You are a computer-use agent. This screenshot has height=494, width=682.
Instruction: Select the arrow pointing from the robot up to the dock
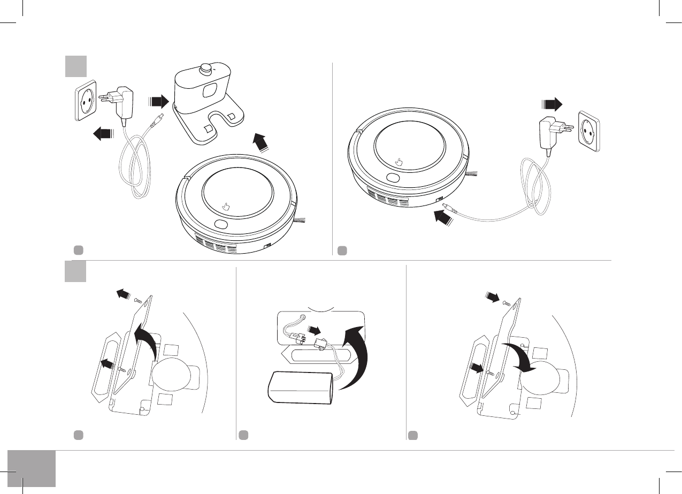pos(261,143)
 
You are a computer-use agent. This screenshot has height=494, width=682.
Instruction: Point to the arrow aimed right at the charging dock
pos(158,100)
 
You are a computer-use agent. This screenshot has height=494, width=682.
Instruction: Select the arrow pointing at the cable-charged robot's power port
pos(442,218)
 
